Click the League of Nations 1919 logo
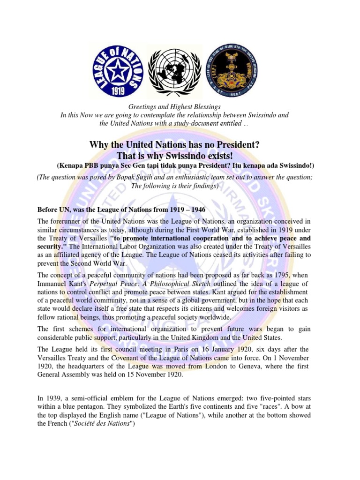pyautogui.click(x=117, y=71)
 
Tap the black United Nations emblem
pyautogui.click(x=174, y=71)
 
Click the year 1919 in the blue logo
pyautogui.click(x=117, y=90)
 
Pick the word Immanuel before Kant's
pyautogui.click(x=52, y=284)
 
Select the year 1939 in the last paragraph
pyautogui.click(x=54, y=398)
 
